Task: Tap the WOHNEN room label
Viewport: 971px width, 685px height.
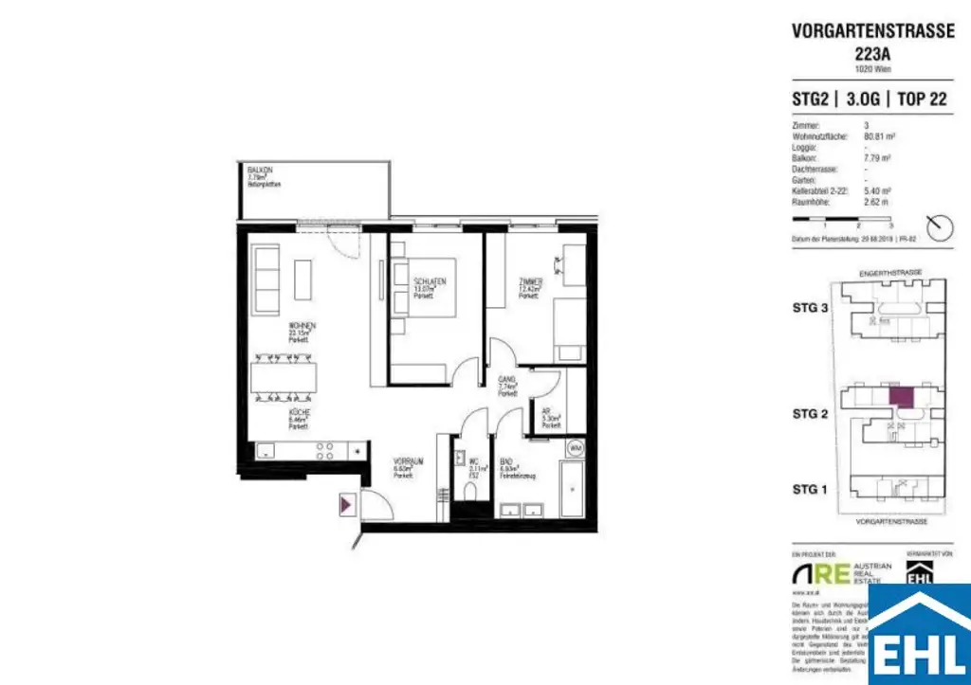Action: click(302, 325)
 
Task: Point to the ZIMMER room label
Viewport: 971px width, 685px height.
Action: click(530, 282)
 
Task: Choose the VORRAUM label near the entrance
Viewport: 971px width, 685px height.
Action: click(409, 460)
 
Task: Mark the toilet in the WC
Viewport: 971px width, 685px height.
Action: click(470, 494)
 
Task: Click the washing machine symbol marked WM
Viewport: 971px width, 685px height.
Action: click(574, 447)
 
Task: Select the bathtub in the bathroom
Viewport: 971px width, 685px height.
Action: click(575, 488)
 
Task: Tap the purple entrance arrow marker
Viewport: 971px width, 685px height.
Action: click(347, 505)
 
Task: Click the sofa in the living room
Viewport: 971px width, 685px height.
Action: click(266, 279)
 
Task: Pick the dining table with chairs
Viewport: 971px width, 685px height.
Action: click(284, 378)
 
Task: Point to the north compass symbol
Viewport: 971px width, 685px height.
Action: click(941, 227)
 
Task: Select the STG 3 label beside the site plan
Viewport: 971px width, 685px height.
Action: click(811, 307)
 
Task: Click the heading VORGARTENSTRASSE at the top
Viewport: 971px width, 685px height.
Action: click(872, 30)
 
